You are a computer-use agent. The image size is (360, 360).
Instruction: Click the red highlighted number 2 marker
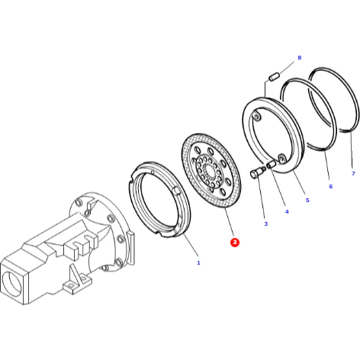tap(235, 242)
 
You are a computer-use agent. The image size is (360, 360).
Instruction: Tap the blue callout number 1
tap(198, 262)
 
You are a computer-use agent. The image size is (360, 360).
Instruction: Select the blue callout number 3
tap(266, 223)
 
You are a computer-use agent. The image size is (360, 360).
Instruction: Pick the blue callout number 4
tap(287, 211)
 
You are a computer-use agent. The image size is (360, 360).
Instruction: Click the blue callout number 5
tap(307, 201)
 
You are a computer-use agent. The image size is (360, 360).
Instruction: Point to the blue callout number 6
tap(331, 186)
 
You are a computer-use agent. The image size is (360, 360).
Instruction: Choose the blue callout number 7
tap(353, 173)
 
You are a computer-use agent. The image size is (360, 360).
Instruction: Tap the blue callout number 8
tap(299, 58)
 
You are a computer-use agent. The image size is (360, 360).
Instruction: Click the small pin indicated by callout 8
tap(275, 76)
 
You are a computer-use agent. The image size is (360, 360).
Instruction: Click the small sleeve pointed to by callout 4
tap(272, 164)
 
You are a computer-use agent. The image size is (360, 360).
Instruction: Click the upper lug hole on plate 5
tap(257, 117)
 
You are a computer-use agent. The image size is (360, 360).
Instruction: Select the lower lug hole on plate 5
tap(281, 159)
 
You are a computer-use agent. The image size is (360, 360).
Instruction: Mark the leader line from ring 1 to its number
tap(191, 245)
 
